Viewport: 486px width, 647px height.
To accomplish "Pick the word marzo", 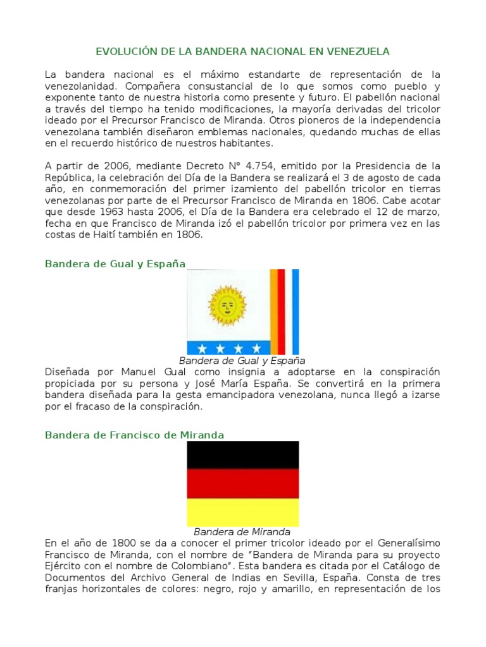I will tap(425, 212).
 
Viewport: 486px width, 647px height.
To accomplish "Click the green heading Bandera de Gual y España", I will tap(115, 263).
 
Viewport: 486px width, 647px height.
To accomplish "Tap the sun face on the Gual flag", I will tap(226, 305).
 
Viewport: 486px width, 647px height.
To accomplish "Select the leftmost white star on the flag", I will tap(202, 348).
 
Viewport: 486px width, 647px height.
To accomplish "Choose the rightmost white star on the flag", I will tap(256, 348).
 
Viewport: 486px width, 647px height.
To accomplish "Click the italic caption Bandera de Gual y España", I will tap(242, 361).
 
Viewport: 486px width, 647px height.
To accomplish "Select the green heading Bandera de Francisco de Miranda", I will tap(134, 435).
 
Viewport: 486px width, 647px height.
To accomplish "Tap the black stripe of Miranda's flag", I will tap(242, 455).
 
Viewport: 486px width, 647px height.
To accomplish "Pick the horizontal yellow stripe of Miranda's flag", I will tap(242, 512).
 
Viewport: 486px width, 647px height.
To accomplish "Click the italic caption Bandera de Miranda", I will tap(242, 531).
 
